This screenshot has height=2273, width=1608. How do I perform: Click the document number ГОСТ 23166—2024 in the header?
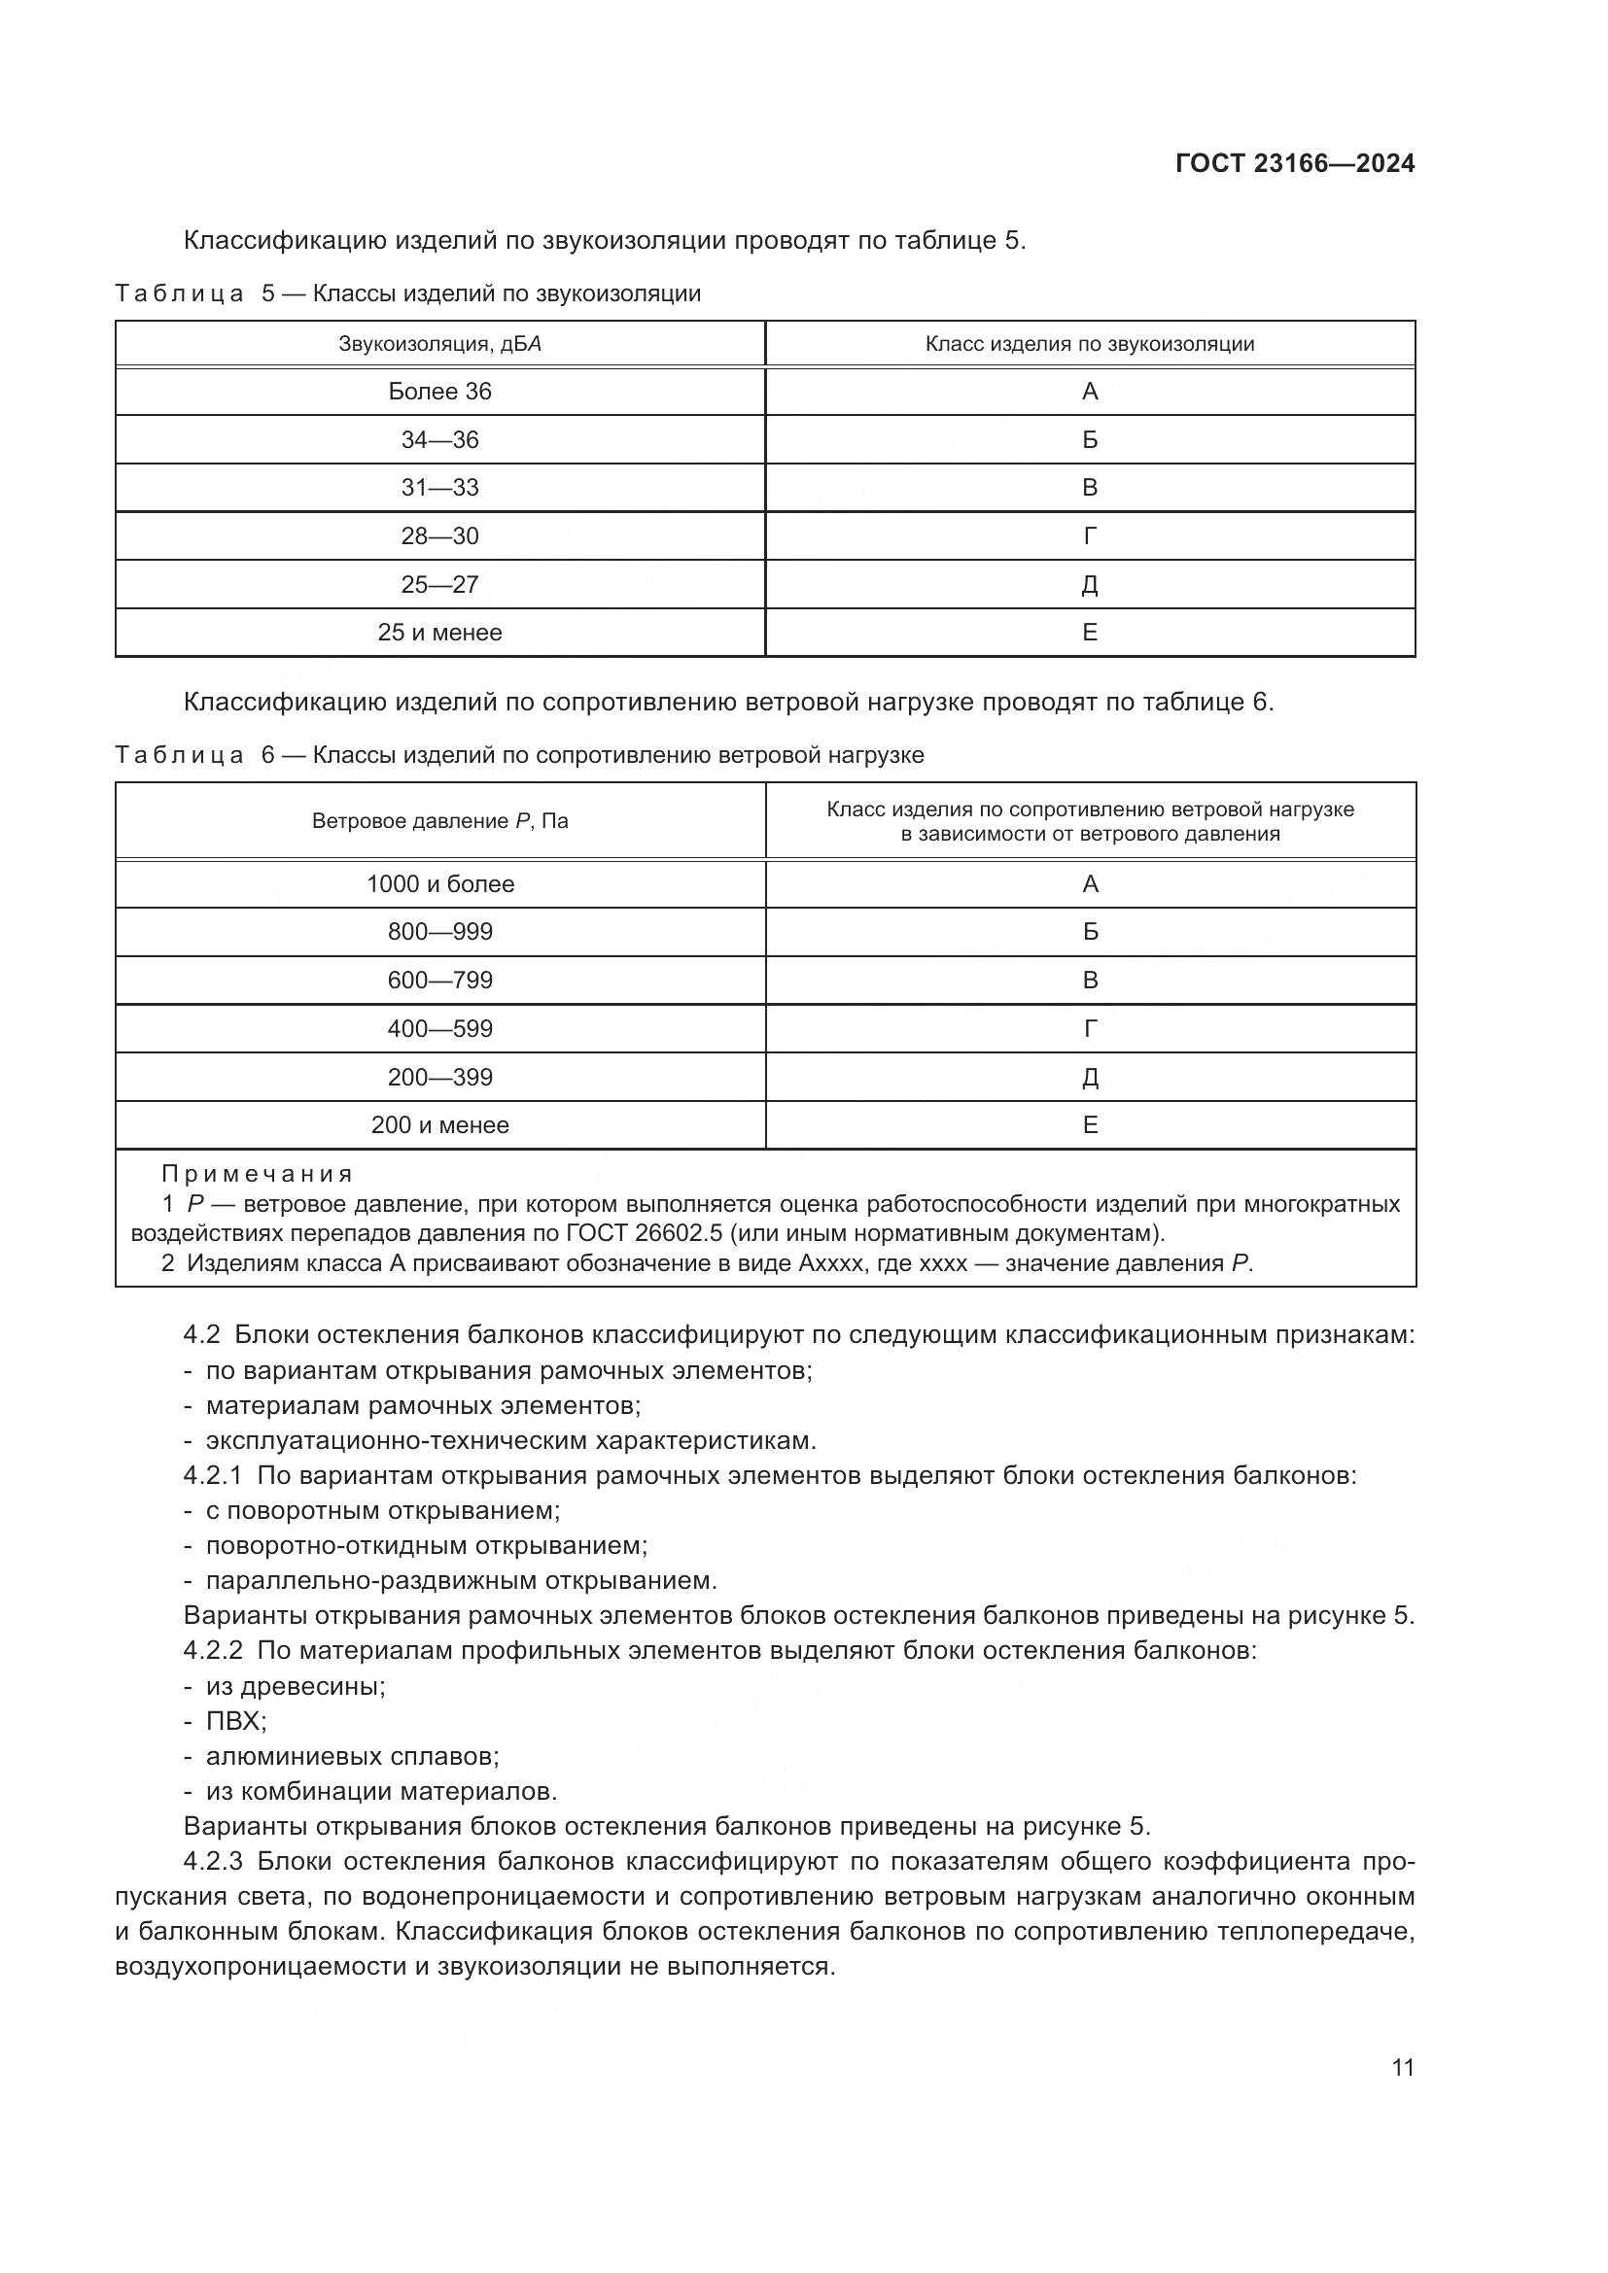(1294, 163)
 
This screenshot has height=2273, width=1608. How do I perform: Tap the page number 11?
(1402, 2067)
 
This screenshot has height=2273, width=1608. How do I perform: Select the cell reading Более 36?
(439, 392)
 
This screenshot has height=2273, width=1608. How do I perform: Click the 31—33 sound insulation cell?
(439, 488)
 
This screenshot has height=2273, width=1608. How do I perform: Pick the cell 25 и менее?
(439, 633)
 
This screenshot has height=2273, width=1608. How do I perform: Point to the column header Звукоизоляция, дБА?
(439, 345)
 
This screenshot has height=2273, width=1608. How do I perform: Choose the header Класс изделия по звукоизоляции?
(1089, 345)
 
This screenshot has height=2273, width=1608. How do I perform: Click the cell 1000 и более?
(439, 884)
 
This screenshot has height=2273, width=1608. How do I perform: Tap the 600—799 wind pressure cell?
(439, 981)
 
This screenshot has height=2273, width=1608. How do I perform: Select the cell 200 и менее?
(439, 1124)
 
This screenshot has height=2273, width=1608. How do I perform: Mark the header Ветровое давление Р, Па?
(439, 821)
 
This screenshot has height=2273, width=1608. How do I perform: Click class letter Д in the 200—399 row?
(1090, 1077)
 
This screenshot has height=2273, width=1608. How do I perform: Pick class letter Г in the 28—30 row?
(1090, 536)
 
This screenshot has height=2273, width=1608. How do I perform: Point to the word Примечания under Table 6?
(258, 1174)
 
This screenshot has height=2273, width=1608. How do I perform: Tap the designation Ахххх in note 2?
(833, 1263)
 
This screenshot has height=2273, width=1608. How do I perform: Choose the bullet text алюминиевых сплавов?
(353, 1757)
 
